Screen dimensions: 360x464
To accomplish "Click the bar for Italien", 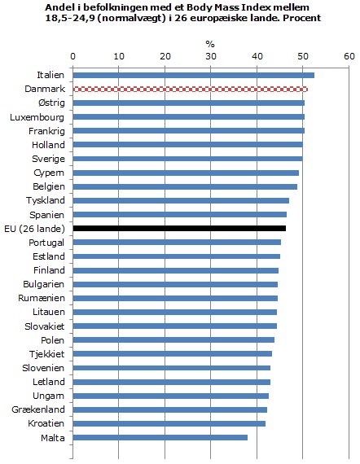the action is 194,75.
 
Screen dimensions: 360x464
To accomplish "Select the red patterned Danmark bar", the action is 191,89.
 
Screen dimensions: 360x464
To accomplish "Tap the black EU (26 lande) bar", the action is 179,228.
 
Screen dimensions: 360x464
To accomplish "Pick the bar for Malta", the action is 160,437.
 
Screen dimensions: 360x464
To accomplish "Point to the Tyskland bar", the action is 181,200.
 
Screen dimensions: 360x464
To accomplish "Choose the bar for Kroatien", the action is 169,423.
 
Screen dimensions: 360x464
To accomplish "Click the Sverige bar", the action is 187,159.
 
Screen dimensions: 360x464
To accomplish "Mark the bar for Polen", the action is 173,339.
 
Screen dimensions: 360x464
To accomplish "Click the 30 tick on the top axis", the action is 211,56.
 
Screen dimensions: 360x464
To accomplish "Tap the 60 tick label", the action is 349,56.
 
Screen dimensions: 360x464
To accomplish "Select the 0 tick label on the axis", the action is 72,56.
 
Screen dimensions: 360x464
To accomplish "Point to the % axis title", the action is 210,45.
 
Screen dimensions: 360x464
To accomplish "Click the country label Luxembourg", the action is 37,117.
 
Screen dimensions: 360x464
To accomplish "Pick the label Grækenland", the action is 38,409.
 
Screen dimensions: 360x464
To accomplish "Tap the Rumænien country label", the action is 42,298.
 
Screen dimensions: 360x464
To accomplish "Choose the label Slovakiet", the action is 45,326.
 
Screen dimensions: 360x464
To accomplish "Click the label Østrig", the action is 51,103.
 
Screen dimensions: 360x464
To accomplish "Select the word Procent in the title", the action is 302,18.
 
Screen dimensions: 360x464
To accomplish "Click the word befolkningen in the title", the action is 108,7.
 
